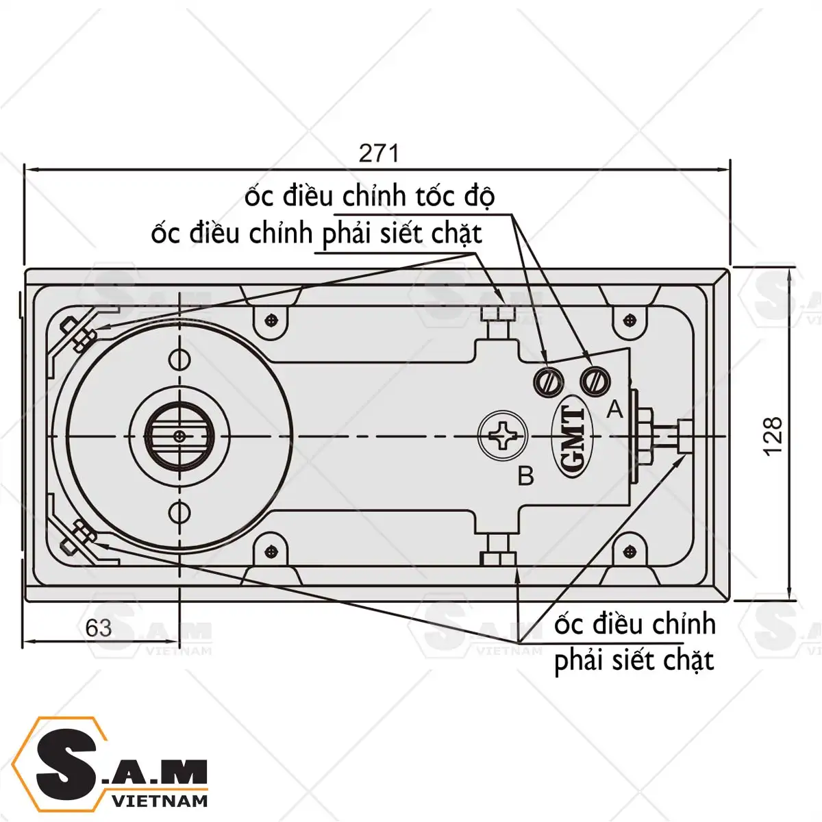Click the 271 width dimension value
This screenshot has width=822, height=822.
[379, 153]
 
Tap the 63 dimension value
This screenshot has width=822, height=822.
[99, 628]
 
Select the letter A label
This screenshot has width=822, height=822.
[614, 410]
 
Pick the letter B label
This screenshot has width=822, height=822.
[526, 475]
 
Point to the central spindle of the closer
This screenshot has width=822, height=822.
[179, 436]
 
